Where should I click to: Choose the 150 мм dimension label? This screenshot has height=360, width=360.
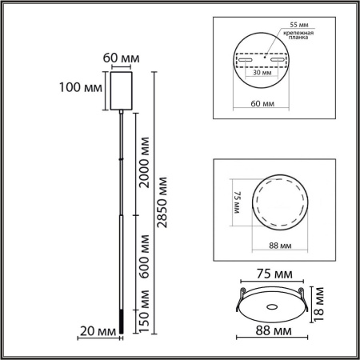pos(144,314)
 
